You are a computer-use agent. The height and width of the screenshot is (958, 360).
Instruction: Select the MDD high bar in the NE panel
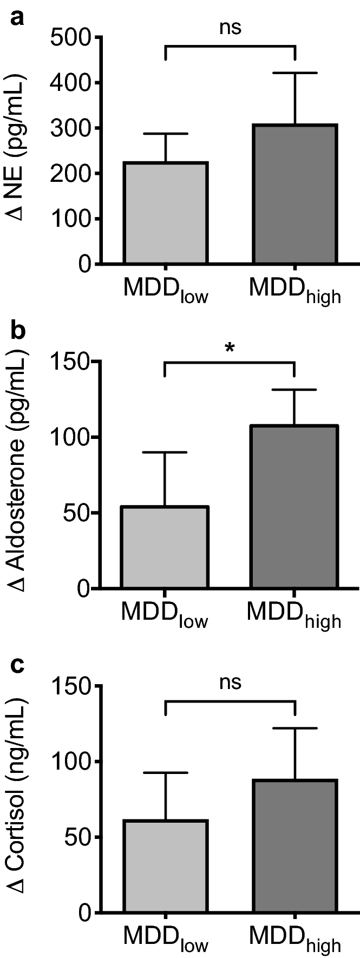[x=296, y=194]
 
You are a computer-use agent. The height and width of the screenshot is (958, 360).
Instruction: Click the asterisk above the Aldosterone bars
[x=230, y=349]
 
